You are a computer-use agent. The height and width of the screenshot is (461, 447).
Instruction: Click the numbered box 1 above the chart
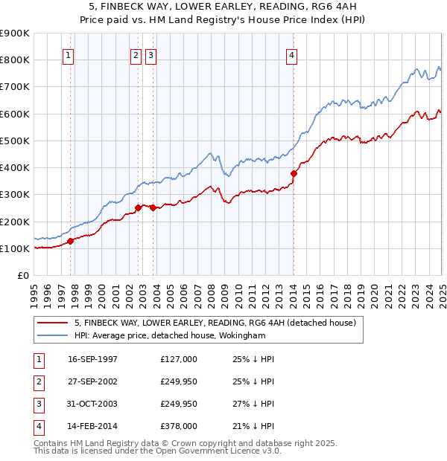point(68,54)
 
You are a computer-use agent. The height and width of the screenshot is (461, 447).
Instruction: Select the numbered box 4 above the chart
point(292,54)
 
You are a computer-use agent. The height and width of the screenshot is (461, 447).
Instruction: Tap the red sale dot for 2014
point(294,174)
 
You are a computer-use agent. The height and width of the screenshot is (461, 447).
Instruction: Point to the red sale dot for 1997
point(71,241)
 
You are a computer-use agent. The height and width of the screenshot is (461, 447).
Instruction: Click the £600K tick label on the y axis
point(15,114)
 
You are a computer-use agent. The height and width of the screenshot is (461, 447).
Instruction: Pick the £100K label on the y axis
point(15,248)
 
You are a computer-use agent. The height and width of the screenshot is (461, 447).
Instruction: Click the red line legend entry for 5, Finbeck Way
point(215,323)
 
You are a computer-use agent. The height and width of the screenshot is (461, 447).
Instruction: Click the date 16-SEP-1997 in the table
point(92,359)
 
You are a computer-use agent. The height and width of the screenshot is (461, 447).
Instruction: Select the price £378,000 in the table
point(179,426)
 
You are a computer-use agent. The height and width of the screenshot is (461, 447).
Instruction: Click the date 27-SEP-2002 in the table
point(92,381)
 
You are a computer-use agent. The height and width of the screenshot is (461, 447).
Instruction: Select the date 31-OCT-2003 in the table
point(92,404)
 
